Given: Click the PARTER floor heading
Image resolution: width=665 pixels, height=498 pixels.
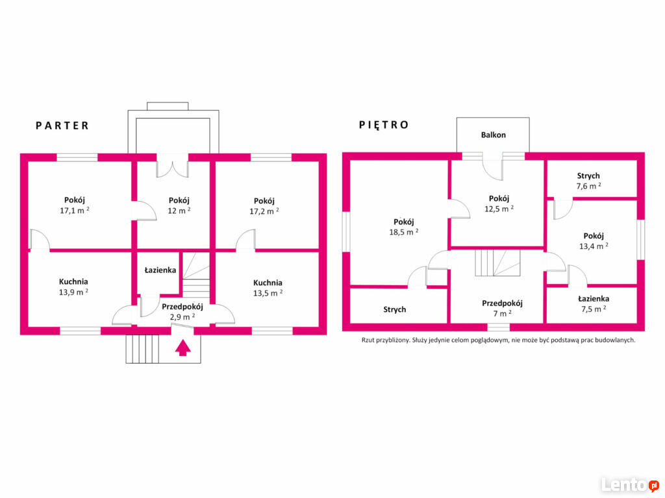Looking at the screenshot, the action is click(62, 126).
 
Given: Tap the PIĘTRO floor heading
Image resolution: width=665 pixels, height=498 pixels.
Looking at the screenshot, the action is click(384, 124).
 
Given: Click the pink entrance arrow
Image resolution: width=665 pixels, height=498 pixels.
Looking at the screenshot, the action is click(182, 348).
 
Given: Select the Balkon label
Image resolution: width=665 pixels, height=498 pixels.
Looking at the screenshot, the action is click(494, 135).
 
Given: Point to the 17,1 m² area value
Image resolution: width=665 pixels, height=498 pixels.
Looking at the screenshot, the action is click(75, 211).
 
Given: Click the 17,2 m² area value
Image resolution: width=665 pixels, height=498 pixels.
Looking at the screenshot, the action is click(264, 211).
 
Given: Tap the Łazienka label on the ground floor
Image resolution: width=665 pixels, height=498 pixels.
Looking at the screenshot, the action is click(160, 270).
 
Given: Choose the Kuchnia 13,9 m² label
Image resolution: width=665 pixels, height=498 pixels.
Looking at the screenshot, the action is click(74, 287).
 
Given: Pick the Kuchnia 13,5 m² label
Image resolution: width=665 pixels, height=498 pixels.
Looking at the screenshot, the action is click(268, 288).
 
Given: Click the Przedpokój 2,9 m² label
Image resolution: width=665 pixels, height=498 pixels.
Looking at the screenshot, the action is click(182, 311).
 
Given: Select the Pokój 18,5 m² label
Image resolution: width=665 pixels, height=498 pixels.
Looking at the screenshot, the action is click(404, 227).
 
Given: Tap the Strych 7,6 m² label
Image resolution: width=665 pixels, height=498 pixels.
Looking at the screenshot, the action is click(588, 181).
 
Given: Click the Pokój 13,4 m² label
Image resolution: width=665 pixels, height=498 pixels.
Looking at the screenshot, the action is click(594, 241).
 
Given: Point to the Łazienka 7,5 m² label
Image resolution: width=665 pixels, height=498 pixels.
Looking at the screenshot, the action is click(594, 303).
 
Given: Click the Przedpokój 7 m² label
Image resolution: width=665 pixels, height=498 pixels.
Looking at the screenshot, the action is click(502, 308).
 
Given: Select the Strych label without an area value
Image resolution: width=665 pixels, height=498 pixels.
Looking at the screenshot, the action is click(395, 309).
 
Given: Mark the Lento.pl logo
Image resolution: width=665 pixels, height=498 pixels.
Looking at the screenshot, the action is click(630, 484).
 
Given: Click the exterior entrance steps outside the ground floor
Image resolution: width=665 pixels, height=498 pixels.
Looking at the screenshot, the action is click(142, 349).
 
